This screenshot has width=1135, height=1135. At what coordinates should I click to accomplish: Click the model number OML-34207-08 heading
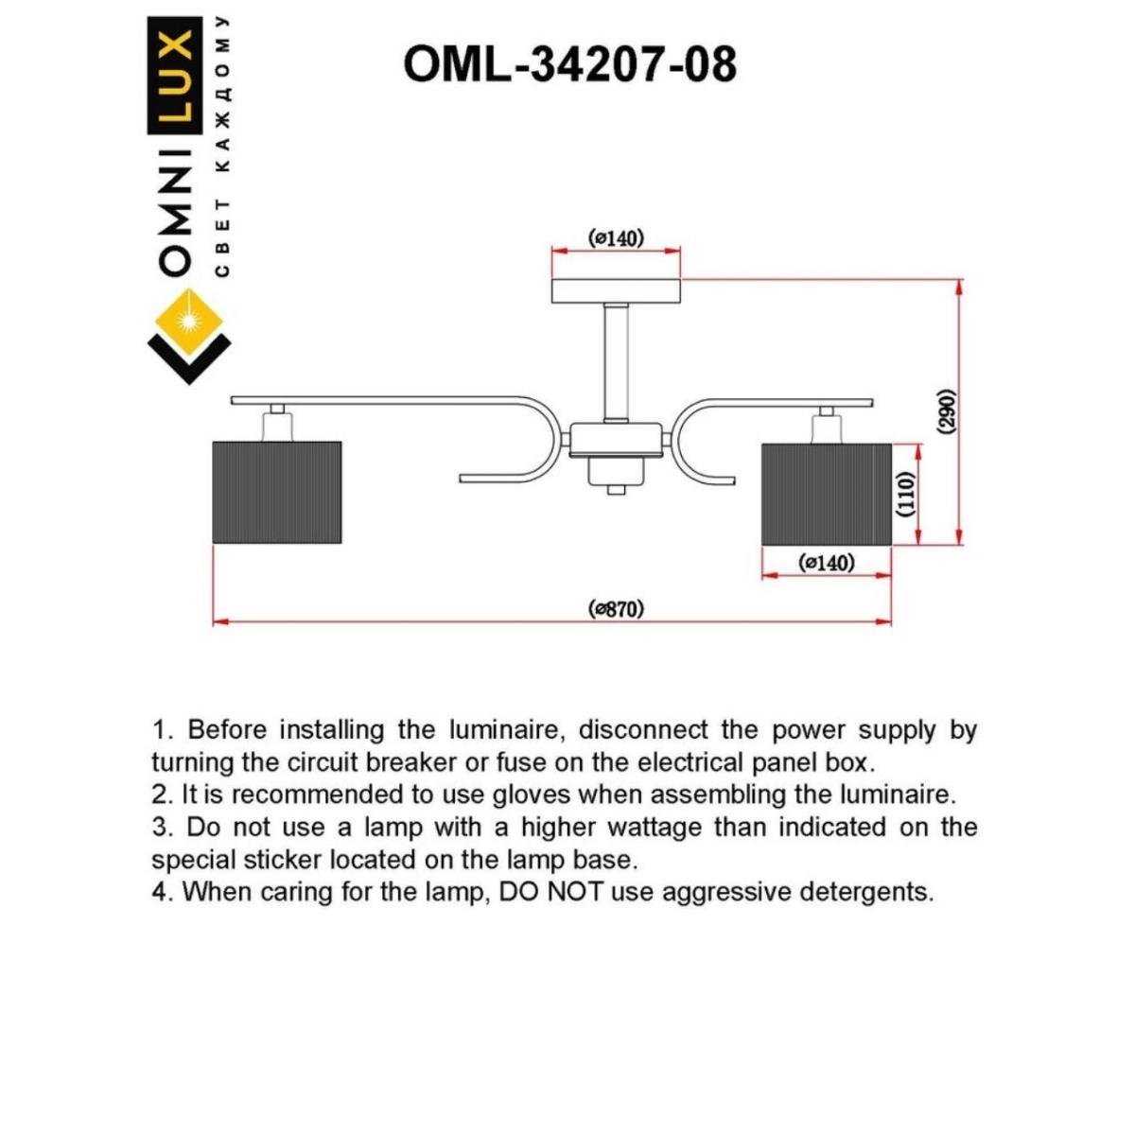click(x=569, y=65)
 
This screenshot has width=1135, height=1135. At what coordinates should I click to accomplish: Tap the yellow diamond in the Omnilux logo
click(x=188, y=320)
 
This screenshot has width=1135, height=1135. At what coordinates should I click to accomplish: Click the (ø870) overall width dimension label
click(x=616, y=608)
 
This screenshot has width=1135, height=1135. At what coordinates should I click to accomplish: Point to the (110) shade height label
click(x=905, y=493)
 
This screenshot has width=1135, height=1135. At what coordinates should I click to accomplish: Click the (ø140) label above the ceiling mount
click(x=616, y=237)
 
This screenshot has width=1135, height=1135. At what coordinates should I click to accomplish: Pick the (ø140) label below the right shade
click(x=827, y=564)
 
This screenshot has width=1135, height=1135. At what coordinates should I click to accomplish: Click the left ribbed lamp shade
click(x=276, y=492)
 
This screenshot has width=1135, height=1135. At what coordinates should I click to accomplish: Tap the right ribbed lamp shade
click(x=827, y=494)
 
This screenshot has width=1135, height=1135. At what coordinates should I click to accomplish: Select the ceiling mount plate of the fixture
click(x=616, y=290)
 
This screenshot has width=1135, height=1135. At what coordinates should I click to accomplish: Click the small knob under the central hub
click(x=616, y=489)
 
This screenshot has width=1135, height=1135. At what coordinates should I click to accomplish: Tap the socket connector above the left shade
click(x=275, y=422)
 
